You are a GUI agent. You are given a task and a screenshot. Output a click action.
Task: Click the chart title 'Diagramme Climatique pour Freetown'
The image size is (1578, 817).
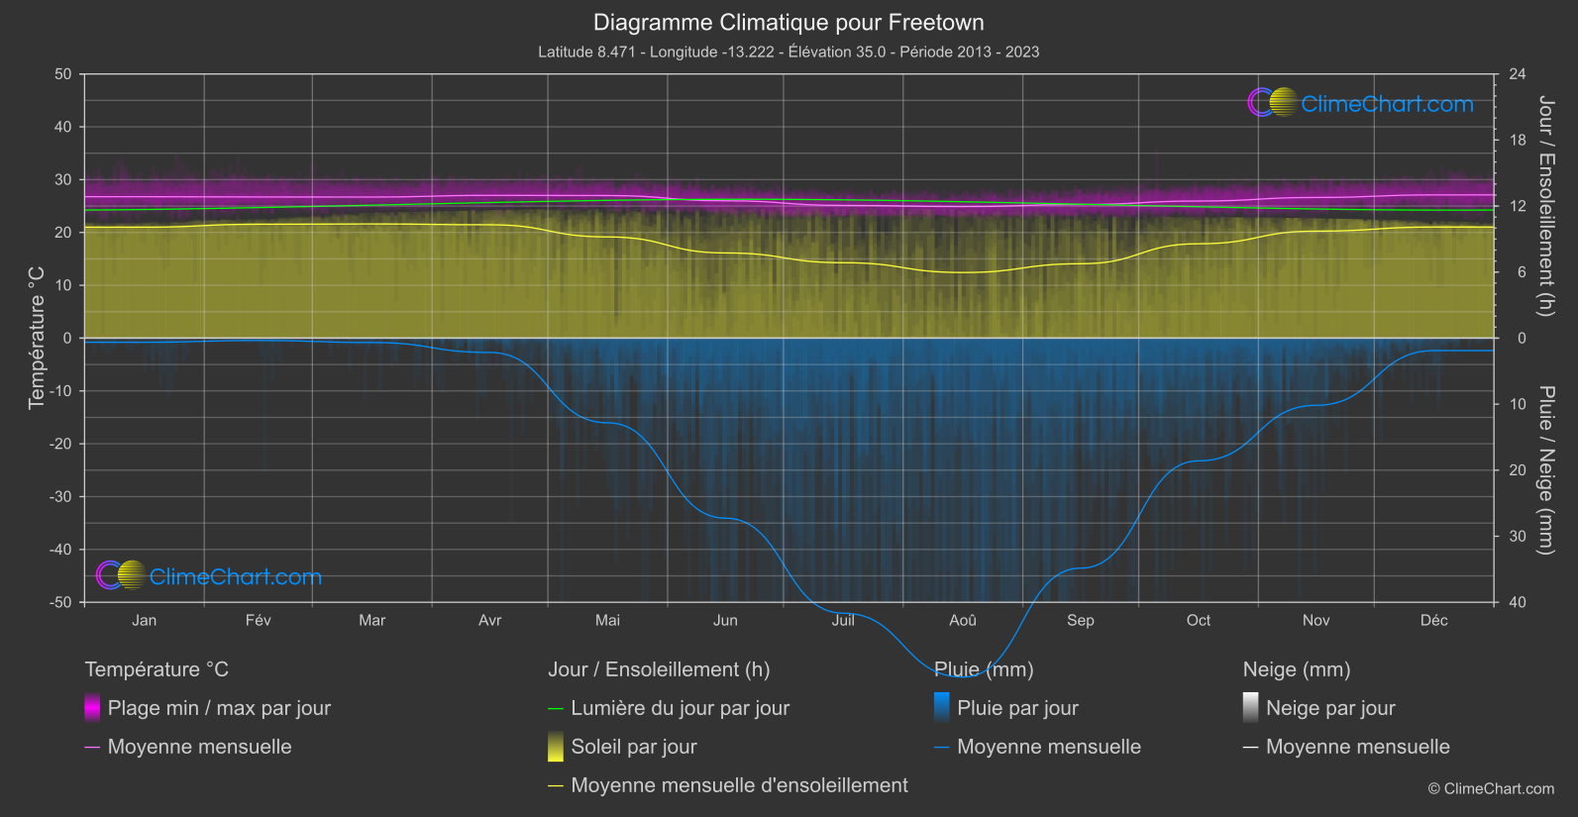pyautogui.click(x=789, y=22)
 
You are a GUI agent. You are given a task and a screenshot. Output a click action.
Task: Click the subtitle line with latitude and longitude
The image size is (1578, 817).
pyautogui.click(x=789, y=51)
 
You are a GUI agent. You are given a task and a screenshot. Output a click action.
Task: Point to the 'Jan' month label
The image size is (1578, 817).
pyautogui.click(x=145, y=620)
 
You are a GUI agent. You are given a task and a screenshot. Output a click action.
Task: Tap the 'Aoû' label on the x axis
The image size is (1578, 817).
pyautogui.click(x=962, y=620)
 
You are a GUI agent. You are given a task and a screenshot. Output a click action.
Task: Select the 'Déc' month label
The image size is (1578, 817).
pyautogui.click(x=1433, y=620)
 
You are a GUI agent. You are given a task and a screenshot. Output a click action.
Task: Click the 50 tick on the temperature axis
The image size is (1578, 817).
pyautogui.click(x=63, y=74)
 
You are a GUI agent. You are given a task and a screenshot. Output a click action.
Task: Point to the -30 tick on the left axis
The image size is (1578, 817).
pyautogui.click(x=61, y=496)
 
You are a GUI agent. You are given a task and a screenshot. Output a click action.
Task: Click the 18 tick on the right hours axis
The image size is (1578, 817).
pyautogui.click(x=1518, y=141)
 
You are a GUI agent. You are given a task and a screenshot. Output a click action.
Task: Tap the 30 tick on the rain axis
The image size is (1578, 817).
pyautogui.click(x=1518, y=536)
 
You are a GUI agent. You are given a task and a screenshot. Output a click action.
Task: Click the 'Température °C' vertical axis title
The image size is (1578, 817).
pyautogui.click(x=37, y=337)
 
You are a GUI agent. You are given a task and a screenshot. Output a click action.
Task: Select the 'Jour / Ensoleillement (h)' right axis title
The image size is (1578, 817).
pyautogui.click(x=1545, y=206)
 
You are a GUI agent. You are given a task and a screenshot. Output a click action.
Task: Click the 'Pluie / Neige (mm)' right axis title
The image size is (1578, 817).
pyautogui.click(x=1545, y=469)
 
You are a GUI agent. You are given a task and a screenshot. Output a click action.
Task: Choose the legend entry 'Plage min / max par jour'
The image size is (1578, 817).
pyautogui.click(x=219, y=708)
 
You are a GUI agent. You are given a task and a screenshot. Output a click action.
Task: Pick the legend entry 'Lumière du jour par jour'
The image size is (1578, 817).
pyautogui.click(x=680, y=708)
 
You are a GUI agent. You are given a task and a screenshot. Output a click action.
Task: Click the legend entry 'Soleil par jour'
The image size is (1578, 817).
pyautogui.click(x=633, y=747)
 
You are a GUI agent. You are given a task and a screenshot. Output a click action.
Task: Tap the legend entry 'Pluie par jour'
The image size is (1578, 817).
pyautogui.click(x=1017, y=708)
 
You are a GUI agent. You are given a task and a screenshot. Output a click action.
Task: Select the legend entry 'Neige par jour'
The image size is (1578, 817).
pyautogui.click(x=1330, y=708)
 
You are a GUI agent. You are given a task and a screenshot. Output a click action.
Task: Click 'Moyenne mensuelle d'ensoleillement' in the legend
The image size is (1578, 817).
pyautogui.click(x=739, y=785)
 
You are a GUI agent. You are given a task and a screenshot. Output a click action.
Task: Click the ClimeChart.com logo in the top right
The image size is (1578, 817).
pyautogui.click(x=1361, y=103)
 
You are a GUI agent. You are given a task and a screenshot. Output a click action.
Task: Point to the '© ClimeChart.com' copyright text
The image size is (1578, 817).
pyautogui.click(x=1491, y=789)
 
